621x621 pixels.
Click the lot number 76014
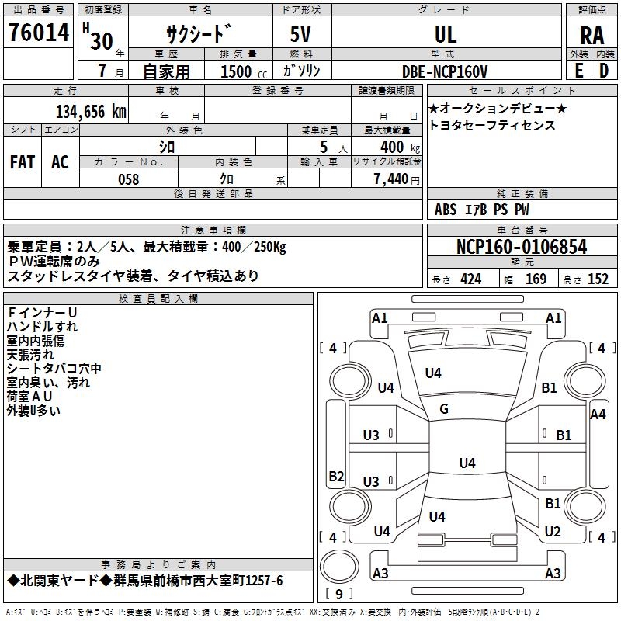39,33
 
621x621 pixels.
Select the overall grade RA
592,36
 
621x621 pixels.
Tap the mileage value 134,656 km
91,112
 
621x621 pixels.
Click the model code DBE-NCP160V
444,71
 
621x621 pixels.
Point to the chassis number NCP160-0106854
522,247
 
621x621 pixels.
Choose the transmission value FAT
23,162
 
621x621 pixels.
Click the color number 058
129,179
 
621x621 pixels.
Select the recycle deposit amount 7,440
391,179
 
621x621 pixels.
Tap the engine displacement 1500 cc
244,71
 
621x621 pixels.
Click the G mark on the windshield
444,409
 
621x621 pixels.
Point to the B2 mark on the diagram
336,476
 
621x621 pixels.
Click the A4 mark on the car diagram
598,415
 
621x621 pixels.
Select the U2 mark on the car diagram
553,532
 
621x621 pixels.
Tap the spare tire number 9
339,594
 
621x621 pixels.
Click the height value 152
598,279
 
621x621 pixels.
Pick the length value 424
471,279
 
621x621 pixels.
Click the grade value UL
446,34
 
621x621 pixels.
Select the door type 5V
300,34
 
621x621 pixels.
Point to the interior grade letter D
604,71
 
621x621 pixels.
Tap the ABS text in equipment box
446,210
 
